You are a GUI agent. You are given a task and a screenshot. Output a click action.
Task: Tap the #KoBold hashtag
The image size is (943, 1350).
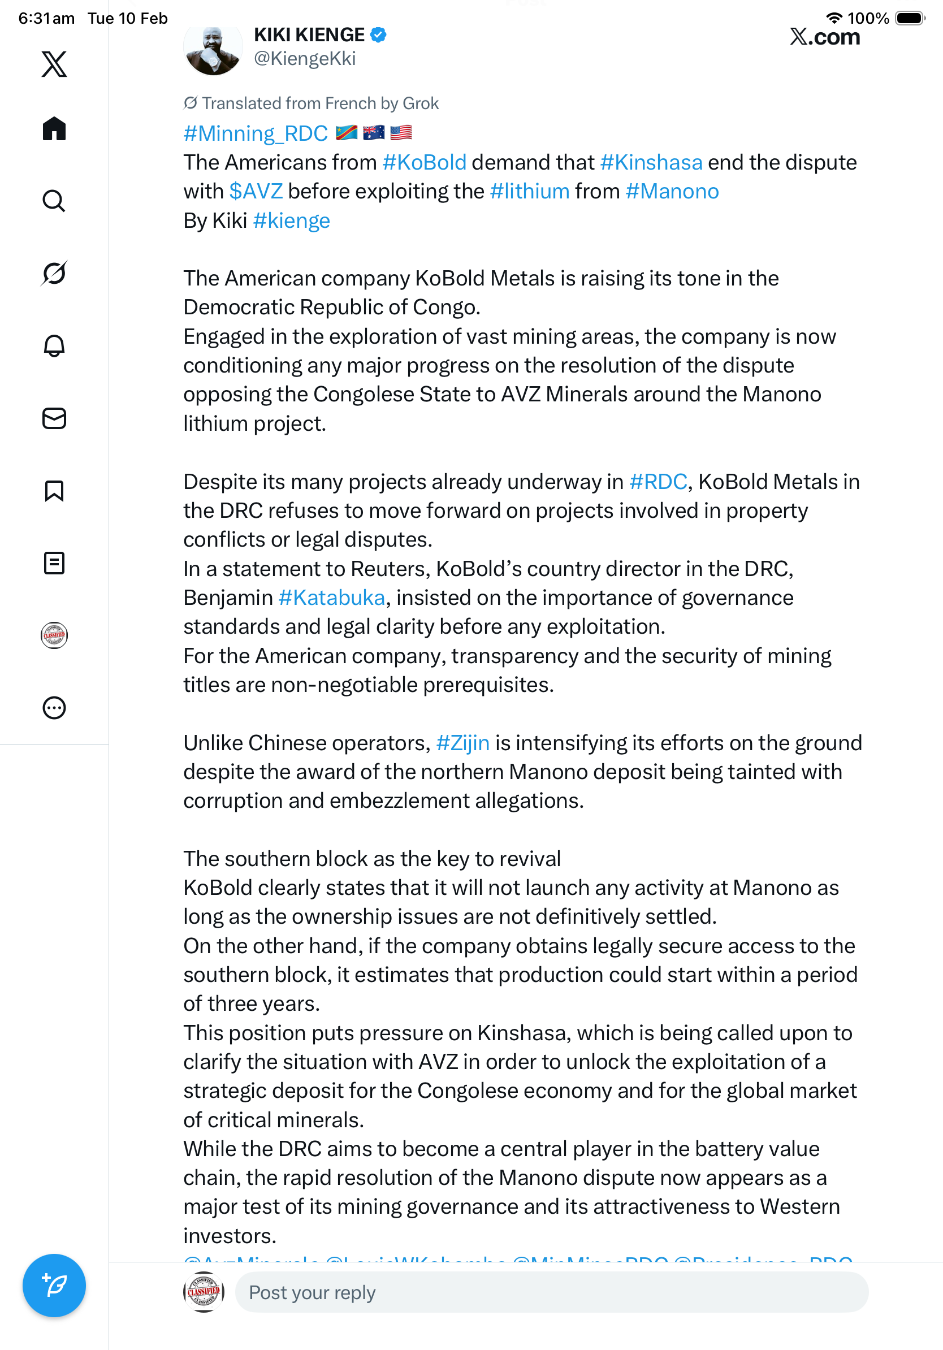[x=424, y=162]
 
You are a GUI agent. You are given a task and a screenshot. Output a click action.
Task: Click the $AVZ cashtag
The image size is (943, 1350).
[x=256, y=192]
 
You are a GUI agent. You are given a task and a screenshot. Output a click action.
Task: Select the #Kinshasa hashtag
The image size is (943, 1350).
[x=651, y=162]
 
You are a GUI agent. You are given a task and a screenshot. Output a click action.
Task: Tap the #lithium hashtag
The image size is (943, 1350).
[x=529, y=192]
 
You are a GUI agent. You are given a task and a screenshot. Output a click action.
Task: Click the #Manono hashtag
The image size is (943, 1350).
[x=672, y=192]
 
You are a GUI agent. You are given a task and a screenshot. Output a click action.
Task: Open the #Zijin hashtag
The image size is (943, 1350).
[x=462, y=743]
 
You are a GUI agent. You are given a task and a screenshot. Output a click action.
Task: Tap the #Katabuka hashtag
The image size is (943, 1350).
[x=332, y=598]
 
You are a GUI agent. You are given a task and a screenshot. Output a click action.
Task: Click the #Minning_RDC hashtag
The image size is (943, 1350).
[x=256, y=133]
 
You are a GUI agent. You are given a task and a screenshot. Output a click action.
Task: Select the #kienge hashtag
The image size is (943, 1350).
[x=291, y=221]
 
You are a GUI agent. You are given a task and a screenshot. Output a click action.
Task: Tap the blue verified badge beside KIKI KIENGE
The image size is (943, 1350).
[x=378, y=35]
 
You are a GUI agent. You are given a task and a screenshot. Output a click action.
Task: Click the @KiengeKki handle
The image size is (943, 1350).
[x=305, y=59]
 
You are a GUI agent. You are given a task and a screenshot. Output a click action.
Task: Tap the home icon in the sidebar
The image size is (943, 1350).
[x=54, y=128]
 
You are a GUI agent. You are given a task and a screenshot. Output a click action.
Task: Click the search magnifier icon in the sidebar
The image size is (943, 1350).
[x=54, y=201]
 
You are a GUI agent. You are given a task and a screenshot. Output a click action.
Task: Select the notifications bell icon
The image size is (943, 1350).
[x=54, y=346]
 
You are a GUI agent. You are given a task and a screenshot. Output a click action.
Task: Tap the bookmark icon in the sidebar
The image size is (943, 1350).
[x=54, y=491]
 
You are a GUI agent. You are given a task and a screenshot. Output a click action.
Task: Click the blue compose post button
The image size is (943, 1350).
[x=54, y=1285]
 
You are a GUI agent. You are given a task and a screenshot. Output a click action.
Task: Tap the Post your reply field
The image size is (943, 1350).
[x=551, y=1292]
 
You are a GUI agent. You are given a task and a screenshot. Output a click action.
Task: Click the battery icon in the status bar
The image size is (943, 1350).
[x=910, y=18]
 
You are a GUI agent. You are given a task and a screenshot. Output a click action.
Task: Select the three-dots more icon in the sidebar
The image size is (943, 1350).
[x=54, y=708]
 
